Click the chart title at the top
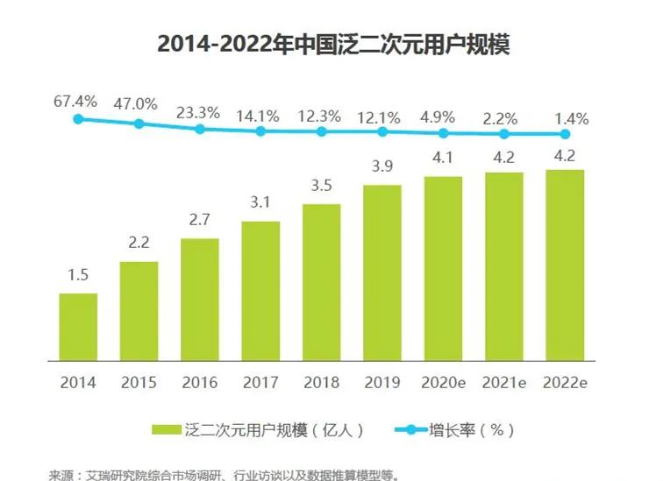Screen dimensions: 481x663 coord(332,44)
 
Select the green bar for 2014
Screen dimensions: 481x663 coord(78,326)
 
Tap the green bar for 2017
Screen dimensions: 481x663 coord(260,290)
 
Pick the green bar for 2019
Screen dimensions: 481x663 coord(382,272)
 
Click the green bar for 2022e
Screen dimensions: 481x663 coord(565,265)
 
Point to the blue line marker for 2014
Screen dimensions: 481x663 coord(78,118)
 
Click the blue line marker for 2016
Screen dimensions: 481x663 coord(200,129)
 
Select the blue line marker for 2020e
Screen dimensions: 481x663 coord(444,133)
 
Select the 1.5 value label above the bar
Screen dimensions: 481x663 coord(78,275)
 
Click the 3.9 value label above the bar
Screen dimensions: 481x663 coord(382,167)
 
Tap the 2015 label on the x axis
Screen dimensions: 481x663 coord(139,383)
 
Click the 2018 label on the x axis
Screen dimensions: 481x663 coord(322,383)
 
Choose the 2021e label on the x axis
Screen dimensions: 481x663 coord(504,383)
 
